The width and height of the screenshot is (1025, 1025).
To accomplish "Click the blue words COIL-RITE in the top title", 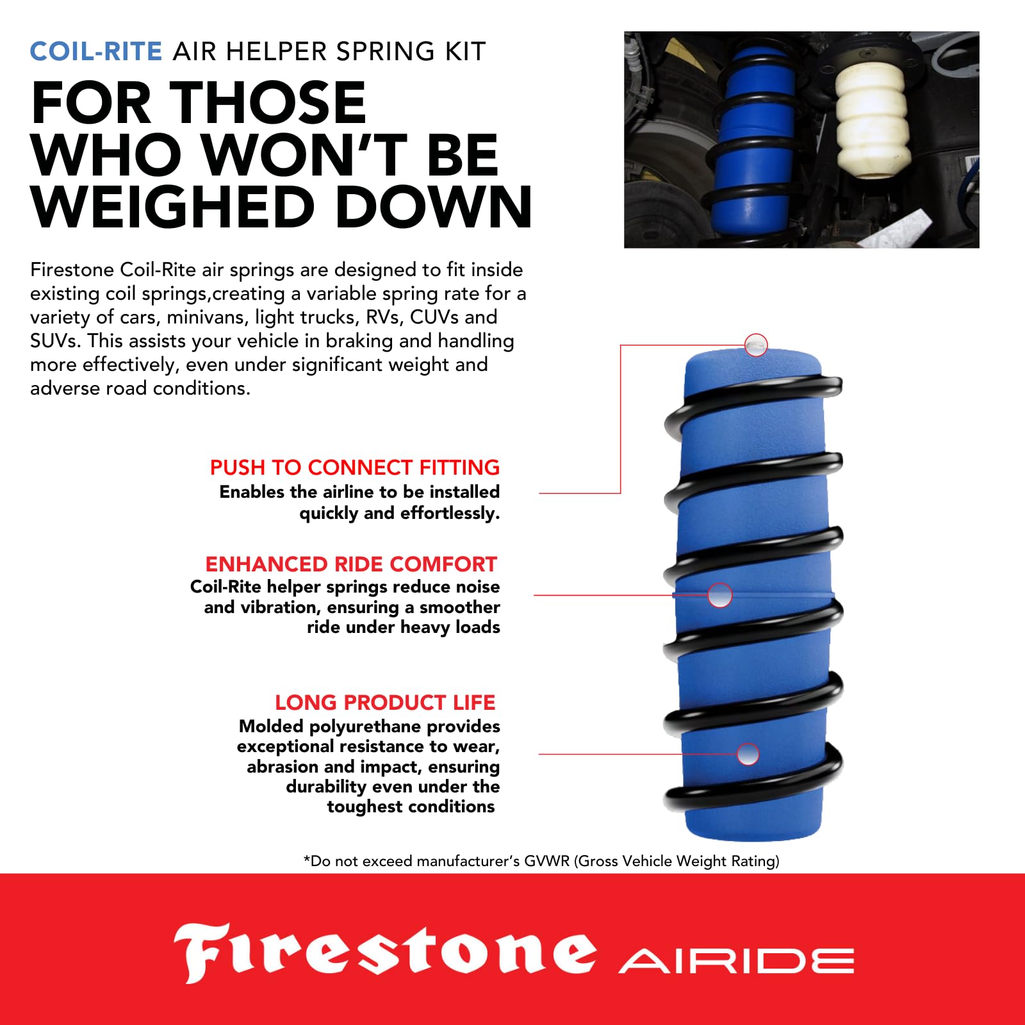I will pyautogui.click(x=96, y=51).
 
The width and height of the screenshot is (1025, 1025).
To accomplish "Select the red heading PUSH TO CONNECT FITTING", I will pyautogui.click(x=354, y=468).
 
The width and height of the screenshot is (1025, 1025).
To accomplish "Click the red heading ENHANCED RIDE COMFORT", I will pyautogui.click(x=351, y=564).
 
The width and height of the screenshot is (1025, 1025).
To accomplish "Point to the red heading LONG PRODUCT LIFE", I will pyautogui.click(x=385, y=703).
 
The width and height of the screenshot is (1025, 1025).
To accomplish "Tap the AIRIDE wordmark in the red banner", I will pyautogui.click(x=736, y=962).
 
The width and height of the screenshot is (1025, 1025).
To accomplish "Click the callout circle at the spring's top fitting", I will pyautogui.click(x=757, y=345).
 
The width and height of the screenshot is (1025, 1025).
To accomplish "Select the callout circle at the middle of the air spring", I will pyautogui.click(x=719, y=595).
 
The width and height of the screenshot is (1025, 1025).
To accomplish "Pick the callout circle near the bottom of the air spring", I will pyautogui.click(x=748, y=754).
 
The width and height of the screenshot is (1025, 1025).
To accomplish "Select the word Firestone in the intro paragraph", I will pyautogui.click(x=72, y=270).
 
